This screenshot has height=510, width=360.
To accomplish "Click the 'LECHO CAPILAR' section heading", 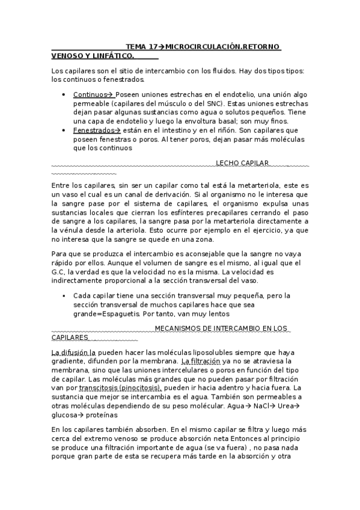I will coord(242,163).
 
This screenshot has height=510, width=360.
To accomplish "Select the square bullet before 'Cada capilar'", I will coord(63,296).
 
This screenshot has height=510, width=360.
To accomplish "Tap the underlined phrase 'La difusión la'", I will coord(73,352).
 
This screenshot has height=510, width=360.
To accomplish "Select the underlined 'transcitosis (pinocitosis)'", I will coord(120,388).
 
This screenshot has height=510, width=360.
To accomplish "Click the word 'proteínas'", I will coord(100,415).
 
